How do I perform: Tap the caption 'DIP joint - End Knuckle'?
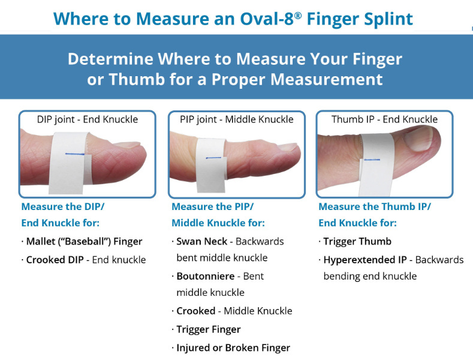(x=88, y=119)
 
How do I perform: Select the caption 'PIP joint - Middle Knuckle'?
(x=237, y=119)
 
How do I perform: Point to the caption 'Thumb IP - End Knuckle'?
(x=384, y=119)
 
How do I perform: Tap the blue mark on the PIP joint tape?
(x=214, y=158)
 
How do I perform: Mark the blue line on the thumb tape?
(x=371, y=160)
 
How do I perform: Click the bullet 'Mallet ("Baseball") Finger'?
(x=84, y=242)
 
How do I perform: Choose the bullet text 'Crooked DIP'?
(x=55, y=260)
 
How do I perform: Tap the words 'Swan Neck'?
(x=201, y=242)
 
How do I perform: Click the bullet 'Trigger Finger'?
(x=208, y=329)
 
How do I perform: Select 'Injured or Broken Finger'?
(x=233, y=348)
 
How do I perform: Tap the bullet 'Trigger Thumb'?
(x=357, y=242)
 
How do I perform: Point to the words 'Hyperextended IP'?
(x=361, y=260)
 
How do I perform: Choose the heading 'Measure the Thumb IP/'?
(x=375, y=206)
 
